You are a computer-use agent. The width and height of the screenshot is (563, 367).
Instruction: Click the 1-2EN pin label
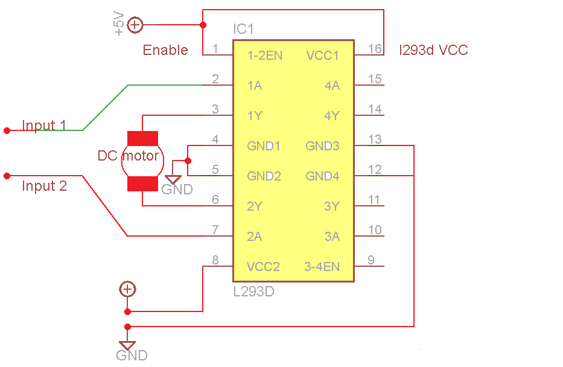tap(264, 56)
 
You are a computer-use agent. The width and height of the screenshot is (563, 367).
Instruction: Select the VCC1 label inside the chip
tap(322, 56)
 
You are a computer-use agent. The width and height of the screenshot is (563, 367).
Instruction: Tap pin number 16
tap(375, 48)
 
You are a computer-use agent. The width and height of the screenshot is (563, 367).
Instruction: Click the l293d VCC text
tap(433, 50)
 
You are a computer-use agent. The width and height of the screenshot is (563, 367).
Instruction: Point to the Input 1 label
tap(44, 126)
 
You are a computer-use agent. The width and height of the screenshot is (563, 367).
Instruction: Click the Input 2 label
tap(44, 186)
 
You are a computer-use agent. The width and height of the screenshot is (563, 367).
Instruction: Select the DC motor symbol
tap(142, 160)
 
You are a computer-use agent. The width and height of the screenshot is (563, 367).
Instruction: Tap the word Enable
tap(165, 50)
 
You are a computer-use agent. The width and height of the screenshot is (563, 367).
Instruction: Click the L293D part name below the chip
tap(253, 292)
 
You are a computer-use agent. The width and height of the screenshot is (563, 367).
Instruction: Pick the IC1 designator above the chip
tap(244, 30)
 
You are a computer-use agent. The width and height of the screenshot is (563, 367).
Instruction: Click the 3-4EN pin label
tap(322, 267)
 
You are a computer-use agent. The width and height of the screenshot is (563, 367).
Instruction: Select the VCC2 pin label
tap(264, 267)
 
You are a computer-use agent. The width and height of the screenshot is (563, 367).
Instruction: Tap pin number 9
tap(371, 260)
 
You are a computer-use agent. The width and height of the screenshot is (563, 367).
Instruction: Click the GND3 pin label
tap(322, 146)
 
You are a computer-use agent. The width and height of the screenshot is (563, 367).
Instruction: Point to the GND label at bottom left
tap(132, 355)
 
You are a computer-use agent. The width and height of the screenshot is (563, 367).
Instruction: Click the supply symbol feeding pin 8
tap(127, 289)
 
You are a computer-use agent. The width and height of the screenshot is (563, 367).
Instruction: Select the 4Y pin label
tap(331, 116)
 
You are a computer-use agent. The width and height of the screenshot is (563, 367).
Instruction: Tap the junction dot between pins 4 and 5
tap(188, 161)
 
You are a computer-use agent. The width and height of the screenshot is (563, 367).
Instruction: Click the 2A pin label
tap(254, 237)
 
